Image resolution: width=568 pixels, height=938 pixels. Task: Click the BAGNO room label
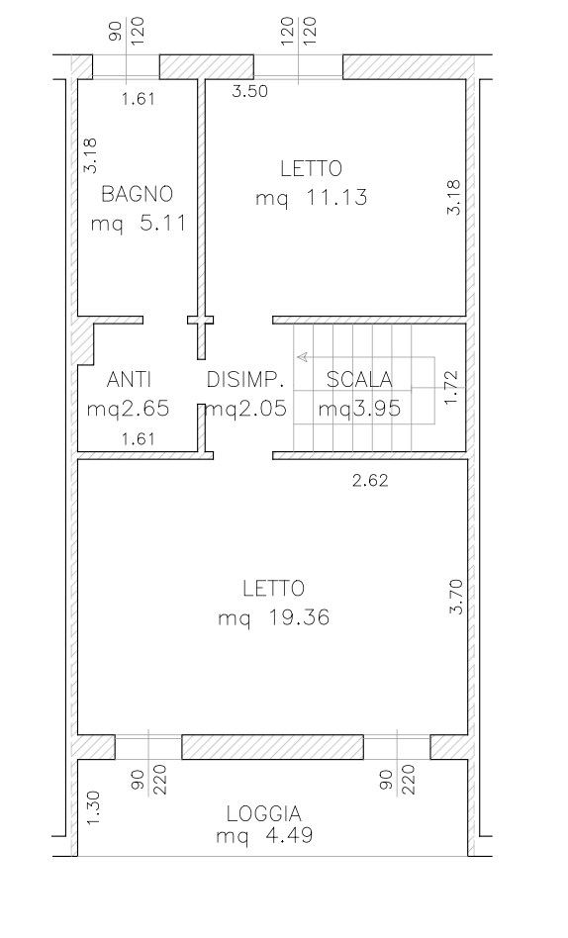[138, 194]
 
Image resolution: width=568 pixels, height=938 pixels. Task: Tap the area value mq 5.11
[139, 224]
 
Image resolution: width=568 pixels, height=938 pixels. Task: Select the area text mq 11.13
[312, 198]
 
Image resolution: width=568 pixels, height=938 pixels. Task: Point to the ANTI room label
[129, 379]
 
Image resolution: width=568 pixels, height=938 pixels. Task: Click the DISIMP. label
[244, 379]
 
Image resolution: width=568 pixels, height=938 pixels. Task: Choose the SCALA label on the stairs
[359, 379]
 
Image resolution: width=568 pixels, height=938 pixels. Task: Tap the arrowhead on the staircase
[302, 357]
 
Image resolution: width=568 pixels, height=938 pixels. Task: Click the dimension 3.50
[250, 92]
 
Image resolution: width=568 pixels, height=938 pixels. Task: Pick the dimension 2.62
[370, 480]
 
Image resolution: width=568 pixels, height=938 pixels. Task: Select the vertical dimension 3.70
[456, 597]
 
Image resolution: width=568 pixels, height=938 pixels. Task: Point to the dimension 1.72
[451, 388]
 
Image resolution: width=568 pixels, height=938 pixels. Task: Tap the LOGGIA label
[264, 813]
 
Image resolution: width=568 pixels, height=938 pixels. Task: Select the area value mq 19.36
[273, 617]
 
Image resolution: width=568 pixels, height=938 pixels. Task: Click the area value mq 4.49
[264, 835]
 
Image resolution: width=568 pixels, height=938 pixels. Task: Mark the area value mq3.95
[359, 410]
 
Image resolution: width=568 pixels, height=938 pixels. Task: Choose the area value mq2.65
[128, 410]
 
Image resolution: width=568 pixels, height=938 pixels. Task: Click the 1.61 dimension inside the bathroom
[139, 99]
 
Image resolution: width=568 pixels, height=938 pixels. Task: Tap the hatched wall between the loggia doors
[272, 747]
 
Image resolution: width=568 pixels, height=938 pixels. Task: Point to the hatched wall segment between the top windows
[207, 66]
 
